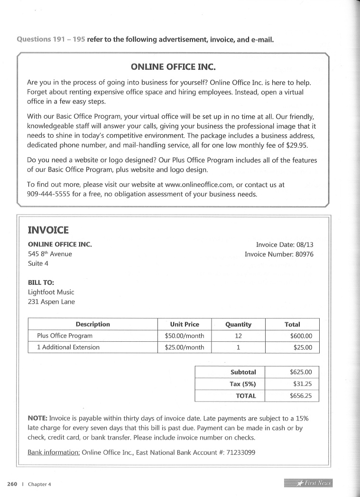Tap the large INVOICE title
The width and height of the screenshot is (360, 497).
(48, 230)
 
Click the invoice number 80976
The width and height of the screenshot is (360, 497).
(302, 254)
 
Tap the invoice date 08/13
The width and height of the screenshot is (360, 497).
(305, 245)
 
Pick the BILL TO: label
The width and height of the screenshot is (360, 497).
(41, 282)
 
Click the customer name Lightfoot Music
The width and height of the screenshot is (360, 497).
(51, 292)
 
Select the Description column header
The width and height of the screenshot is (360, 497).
(92, 324)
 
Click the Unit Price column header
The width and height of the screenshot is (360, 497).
(185, 324)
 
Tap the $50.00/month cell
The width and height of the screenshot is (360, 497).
(185, 336)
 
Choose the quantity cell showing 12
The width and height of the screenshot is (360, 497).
(238, 336)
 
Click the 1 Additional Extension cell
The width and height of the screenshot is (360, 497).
(68, 347)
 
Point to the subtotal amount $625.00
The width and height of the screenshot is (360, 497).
(301, 372)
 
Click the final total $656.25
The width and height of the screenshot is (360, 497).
(301, 395)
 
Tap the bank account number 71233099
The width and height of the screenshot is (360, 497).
(240, 452)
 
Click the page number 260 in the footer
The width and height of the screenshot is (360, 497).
(12, 484)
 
